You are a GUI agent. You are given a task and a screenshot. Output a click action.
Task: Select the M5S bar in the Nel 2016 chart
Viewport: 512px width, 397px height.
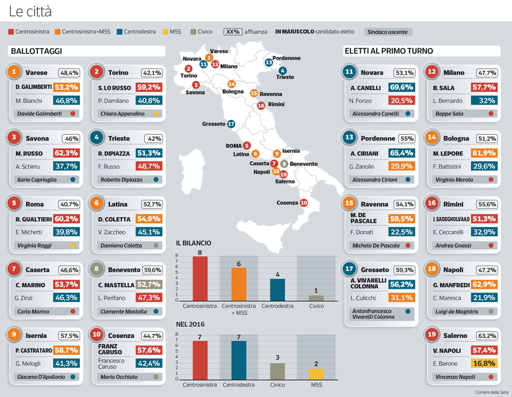tap(317, 374)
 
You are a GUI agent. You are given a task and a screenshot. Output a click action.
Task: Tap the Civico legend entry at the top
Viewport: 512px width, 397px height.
tap(201, 32)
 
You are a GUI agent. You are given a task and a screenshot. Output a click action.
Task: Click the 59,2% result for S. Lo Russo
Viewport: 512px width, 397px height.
tap(149, 87)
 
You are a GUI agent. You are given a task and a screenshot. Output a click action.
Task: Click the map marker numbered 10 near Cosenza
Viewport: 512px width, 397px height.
tap(303, 203)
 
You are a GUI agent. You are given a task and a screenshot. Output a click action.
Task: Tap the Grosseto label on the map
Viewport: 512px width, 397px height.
tap(214, 124)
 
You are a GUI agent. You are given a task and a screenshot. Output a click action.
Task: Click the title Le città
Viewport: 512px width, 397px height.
tap(30, 11)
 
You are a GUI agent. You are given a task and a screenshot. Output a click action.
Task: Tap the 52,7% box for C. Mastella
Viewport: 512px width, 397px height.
tap(149, 284)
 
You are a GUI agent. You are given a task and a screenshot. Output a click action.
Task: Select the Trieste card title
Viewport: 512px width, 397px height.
tap(119, 139)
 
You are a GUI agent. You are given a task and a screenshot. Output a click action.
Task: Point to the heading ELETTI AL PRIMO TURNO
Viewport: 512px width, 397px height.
tap(389, 51)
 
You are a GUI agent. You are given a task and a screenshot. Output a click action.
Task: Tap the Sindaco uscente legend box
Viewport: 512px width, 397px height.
tap(388, 32)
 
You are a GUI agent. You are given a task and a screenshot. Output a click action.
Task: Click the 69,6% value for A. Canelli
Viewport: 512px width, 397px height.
tap(402, 87)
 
